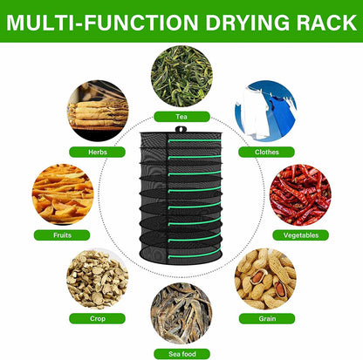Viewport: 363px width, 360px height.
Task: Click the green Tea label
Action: click(181, 116)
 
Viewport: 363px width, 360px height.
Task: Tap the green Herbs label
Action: click(98, 152)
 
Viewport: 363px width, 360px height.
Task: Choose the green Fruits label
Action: click(62, 234)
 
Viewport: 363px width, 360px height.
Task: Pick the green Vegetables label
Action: click(300, 234)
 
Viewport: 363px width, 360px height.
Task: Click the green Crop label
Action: click(98, 319)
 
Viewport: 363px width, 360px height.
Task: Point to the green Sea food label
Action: click(181, 352)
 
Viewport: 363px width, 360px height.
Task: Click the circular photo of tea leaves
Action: click(181, 77)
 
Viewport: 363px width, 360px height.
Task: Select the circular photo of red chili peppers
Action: click(300, 195)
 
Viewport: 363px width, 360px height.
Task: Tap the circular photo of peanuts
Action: click(265, 279)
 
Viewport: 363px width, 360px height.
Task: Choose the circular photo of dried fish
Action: click(181, 312)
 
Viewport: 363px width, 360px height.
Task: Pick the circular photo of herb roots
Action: click(98, 111)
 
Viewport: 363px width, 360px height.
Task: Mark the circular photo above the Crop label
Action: click(98, 279)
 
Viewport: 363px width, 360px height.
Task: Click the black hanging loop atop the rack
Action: click(181, 130)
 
